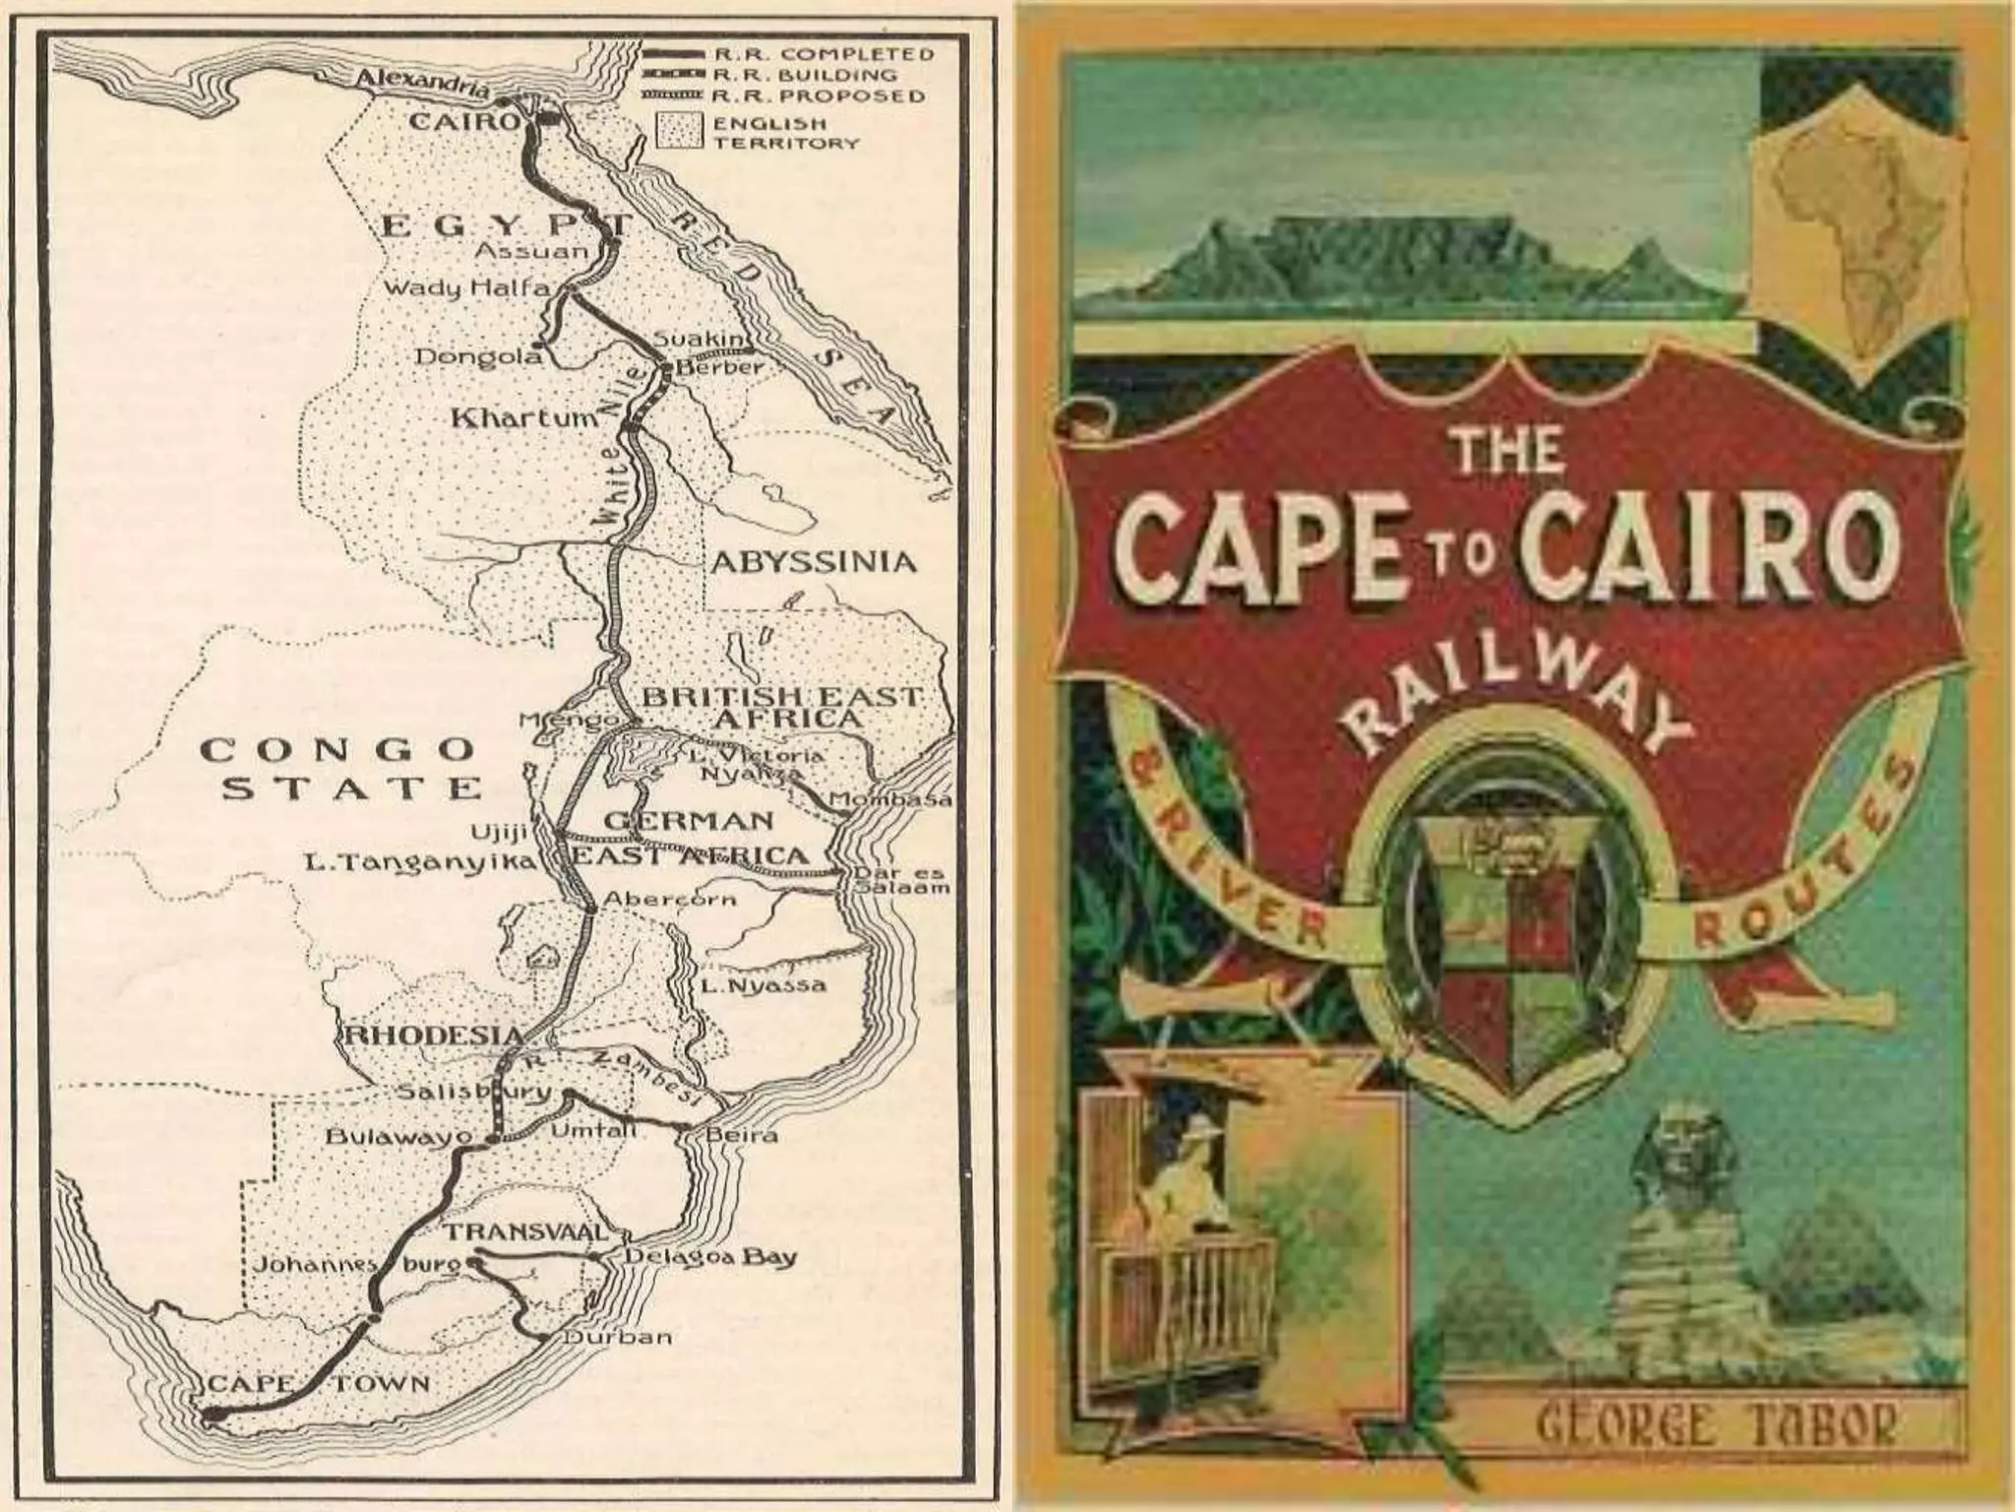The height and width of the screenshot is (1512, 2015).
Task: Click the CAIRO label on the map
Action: [462, 122]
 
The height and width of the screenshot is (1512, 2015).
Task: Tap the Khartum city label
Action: [523, 417]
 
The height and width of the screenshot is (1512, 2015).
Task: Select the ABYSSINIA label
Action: [813, 562]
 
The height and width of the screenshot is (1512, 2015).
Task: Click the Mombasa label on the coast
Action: [891, 800]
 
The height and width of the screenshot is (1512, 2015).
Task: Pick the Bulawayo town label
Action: [398, 1137]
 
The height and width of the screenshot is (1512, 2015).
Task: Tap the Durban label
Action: [618, 1337]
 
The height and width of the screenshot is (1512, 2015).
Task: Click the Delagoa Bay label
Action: [710, 1257]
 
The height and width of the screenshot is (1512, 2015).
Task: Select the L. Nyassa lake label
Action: [763, 985]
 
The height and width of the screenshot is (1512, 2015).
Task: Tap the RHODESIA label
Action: [433, 1035]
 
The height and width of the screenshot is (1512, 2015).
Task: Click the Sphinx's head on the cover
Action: [1685, 1162]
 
